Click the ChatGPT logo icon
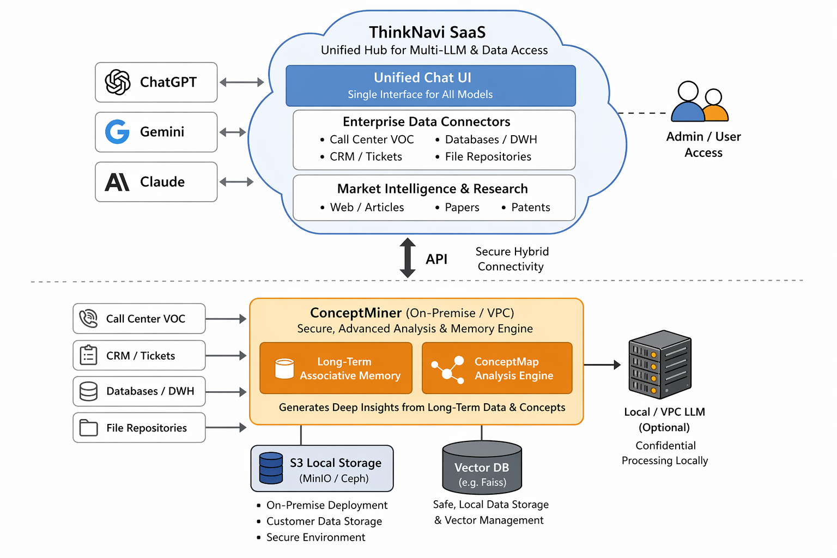click(118, 82)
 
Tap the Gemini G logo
click(117, 132)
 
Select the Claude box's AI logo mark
click(117, 182)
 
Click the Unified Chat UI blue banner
click(430, 86)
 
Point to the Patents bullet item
click(530, 208)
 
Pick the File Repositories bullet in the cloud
click(488, 157)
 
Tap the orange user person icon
click(714, 107)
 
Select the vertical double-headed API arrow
click(408, 258)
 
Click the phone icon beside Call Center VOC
click(88, 318)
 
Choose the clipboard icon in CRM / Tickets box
click(88, 355)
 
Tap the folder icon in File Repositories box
click(88, 428)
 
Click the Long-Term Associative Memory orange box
click(336, 368)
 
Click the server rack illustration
click(660, 364)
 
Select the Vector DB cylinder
click(482, 468)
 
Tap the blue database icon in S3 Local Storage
click(271, 468)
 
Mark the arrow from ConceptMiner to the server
click(602, 365)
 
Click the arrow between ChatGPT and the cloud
click(241, 82)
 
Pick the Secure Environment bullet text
click(316, 537)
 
